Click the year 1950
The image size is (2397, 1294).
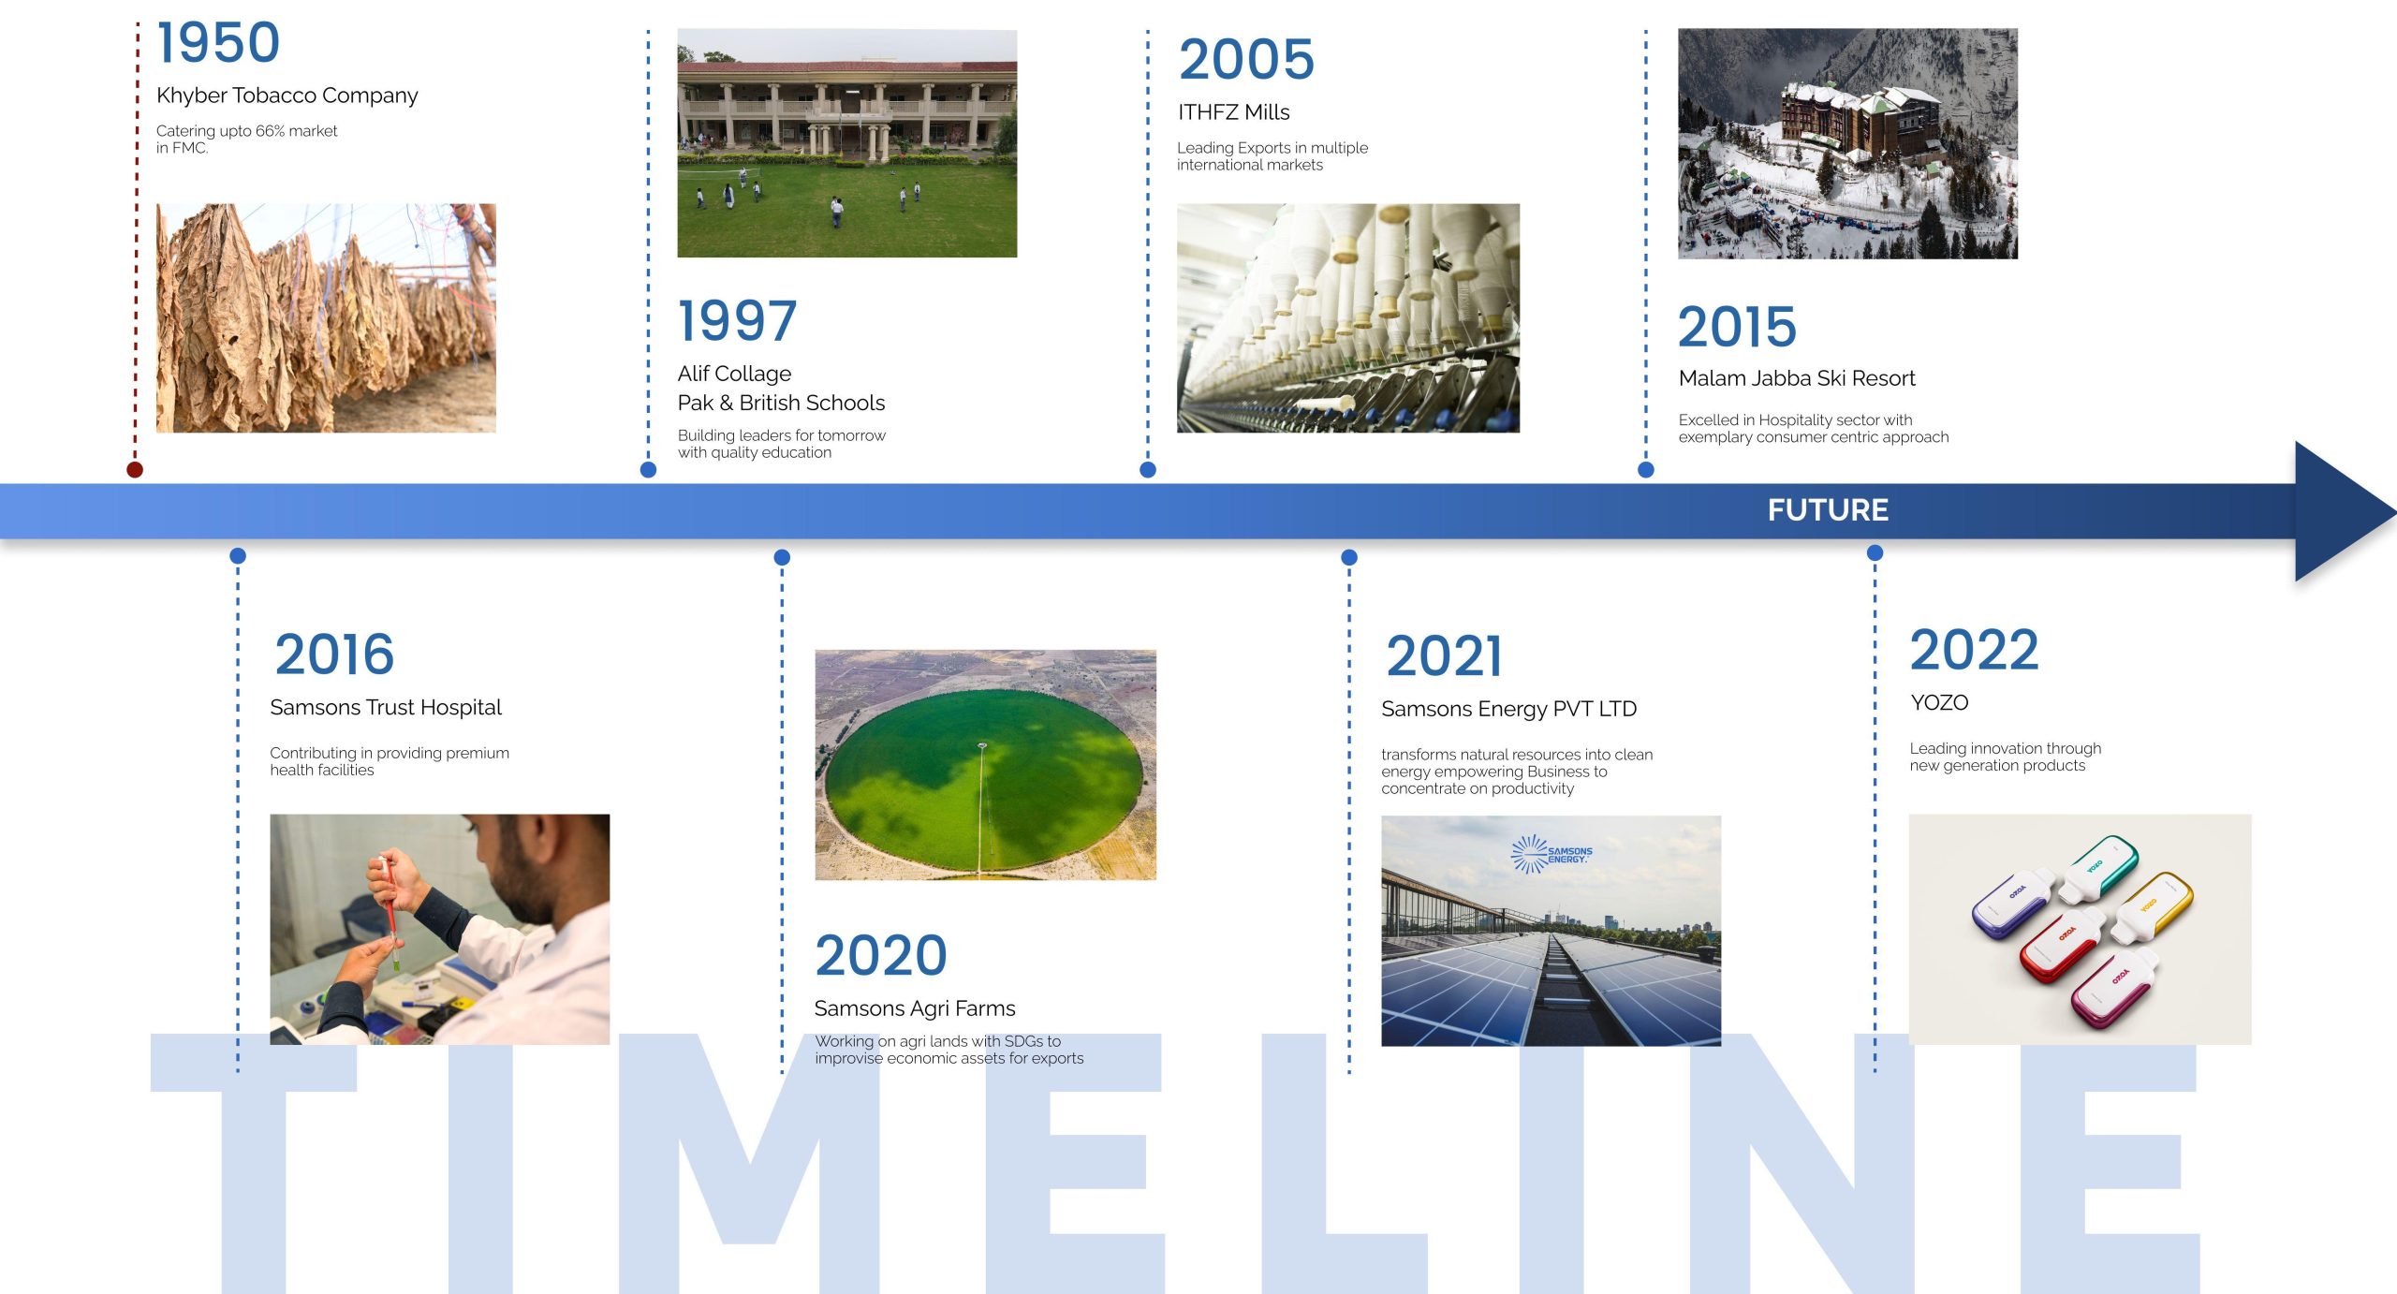pos(218,43)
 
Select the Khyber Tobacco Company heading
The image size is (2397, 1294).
pos(287,96)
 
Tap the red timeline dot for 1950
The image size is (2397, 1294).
pos(135,469)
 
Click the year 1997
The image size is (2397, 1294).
pos(737,321)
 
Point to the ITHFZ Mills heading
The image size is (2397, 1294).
pos(1233,112)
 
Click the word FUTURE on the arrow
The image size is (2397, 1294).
pos(1828,510)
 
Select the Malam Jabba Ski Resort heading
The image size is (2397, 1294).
pos(1797,378)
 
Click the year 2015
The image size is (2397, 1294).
pos(1737,327)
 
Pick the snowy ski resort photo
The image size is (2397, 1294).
pos(1847,143)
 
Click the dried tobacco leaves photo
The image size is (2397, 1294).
pos(326,318)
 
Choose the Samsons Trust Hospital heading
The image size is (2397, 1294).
pos(386,708)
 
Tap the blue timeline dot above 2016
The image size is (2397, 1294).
pos(238,556)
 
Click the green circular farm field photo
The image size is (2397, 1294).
pos(985,765)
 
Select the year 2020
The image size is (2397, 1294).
pos(881,955)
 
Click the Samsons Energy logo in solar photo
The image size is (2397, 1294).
pos(1551,854)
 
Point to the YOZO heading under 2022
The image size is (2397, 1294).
pos(1939,703)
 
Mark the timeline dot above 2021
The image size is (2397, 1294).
pos(1349,557)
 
